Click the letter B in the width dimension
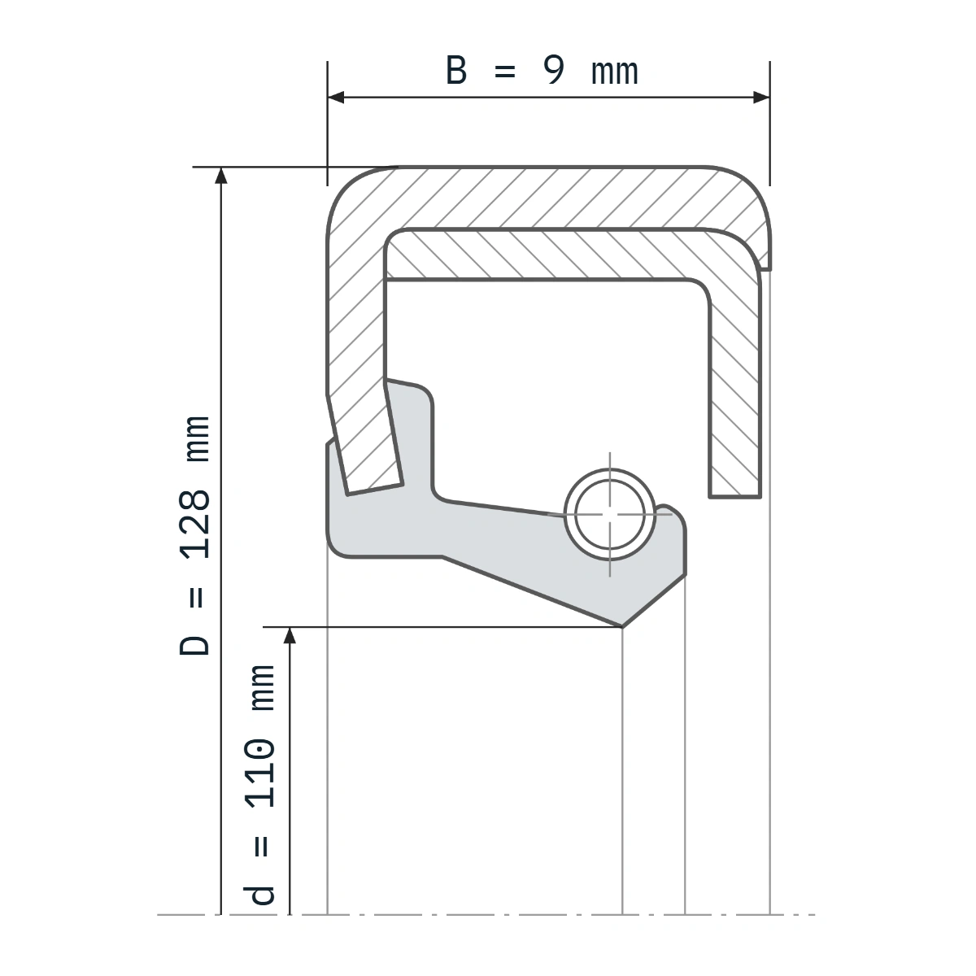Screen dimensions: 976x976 coord(455,70)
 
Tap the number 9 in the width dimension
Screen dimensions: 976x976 coord(553,70)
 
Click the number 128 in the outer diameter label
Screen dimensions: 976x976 coord(195,525)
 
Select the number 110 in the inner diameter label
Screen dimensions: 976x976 coord(259,773)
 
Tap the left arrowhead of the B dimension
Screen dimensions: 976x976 coord(336,98)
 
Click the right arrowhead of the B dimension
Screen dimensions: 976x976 coord(761,98)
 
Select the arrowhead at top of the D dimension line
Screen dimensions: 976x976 coord(221,175)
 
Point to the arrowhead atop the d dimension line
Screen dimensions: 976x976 coord(290,636)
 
